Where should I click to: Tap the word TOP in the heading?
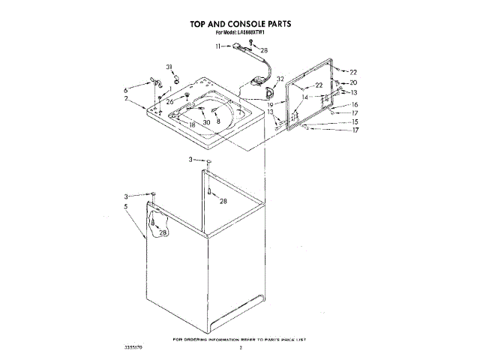point(199,24)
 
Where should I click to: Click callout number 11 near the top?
point(219,46)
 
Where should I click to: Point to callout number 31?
point(169,67)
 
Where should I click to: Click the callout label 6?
point(126,90)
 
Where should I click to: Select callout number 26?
point(169,101)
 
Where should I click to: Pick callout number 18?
point(192,124)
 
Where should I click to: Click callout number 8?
point(218,121)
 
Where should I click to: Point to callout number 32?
point(279,79)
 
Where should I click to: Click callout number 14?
point(304,97)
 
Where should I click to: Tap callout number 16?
point(355,104)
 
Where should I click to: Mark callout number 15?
point(355,121)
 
